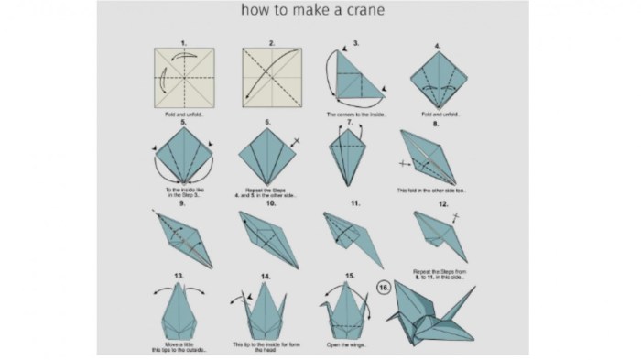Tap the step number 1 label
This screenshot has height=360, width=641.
pyautogui.click(x=184, y=42)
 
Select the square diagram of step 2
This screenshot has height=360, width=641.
pyautogui.click(x=272, y=78)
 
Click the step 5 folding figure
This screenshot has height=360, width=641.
pyautogui.click(x=184, y=157)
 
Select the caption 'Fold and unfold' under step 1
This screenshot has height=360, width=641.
pyautogui.click(x=183, y=114)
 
